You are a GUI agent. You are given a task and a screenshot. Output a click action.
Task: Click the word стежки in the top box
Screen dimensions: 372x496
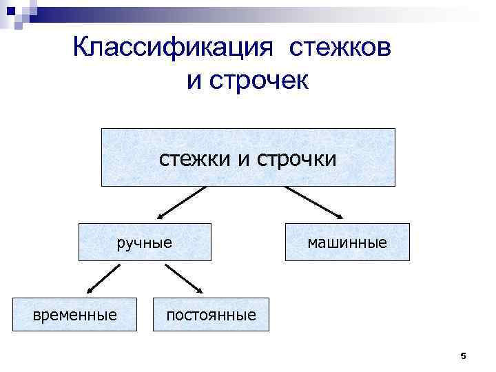(x=196, y=159)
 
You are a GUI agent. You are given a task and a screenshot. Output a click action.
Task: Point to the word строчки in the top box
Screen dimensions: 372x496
(x=297, y=159)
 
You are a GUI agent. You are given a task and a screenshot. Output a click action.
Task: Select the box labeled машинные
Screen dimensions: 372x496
(x=347, y=242)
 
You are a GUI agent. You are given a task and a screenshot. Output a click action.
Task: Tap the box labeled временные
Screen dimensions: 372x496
(x=74, y=315)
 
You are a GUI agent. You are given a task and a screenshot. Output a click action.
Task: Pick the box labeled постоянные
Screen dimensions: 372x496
(x=211, y=315)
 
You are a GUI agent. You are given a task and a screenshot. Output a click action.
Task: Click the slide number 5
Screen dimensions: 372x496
(x=463, y=356)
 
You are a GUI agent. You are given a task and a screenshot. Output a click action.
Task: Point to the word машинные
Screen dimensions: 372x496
(x=347, y=242)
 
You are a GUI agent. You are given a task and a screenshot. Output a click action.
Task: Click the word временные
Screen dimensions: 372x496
(x=75, y=315)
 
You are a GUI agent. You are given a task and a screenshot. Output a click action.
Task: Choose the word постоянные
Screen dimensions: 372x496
(x=211, y=316)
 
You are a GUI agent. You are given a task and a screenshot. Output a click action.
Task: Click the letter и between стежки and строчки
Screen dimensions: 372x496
(x=242, y=160)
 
